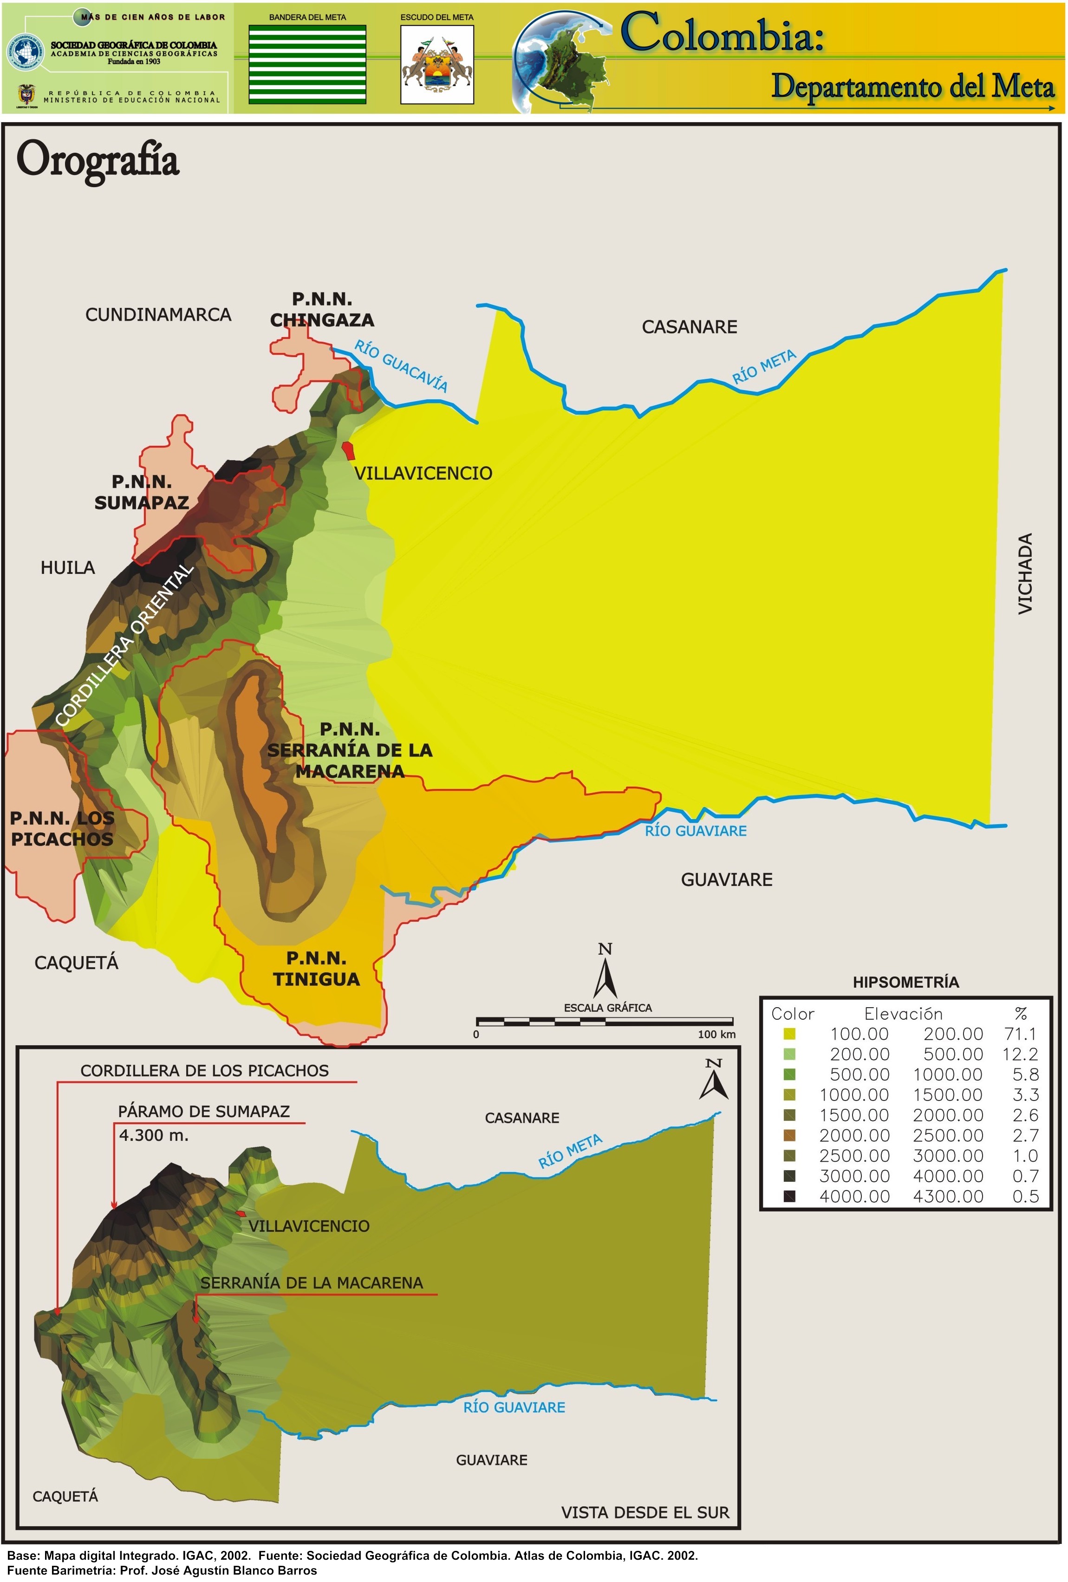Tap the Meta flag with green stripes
click(307, 65)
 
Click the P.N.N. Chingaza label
click(322, 310)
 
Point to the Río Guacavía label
click(401, 367)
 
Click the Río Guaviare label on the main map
click(696, 831)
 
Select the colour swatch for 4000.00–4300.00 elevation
click(789, 1197)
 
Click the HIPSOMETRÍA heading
click(905, 982)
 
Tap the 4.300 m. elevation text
click(154, 1135)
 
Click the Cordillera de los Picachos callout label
click(204, 1071)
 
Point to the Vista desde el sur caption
click(645, 1512)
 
